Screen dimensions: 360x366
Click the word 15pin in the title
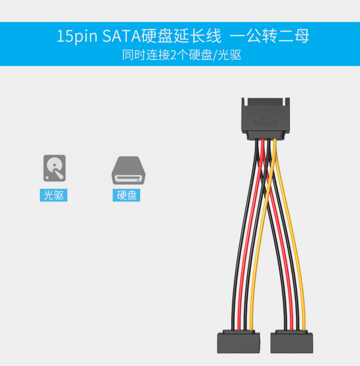click(77, 36)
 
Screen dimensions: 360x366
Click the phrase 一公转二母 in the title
click(269, 36)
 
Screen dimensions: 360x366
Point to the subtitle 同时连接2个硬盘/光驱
click(182, 55)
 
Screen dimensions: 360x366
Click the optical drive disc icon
click(54, 168)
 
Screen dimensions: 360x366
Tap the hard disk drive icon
click(127, 171)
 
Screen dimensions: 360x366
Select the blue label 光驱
click(53, 195)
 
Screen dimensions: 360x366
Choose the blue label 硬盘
click(127, 195)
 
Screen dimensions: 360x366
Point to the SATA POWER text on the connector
click(266, 114)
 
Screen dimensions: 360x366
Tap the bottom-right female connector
click(292, 342)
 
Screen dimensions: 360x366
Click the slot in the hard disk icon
click(127, 179)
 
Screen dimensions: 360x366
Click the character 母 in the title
click(302, 36)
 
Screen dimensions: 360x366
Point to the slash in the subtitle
click(215, 55)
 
